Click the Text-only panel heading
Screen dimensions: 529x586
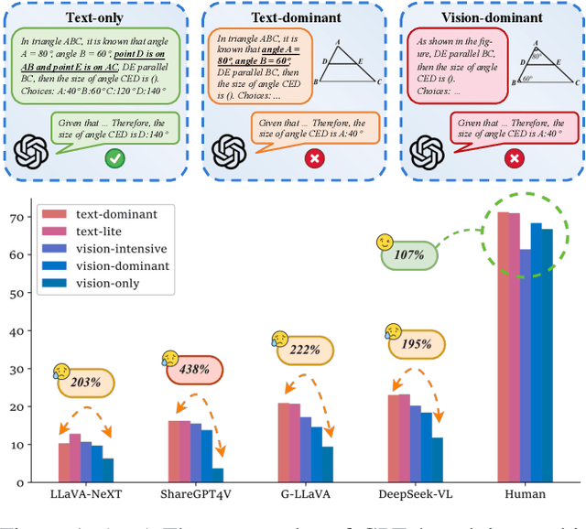click(x=96, y=16)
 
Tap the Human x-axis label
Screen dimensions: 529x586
click(x=525, y=494)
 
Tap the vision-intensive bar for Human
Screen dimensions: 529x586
click(x=525, y=366)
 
